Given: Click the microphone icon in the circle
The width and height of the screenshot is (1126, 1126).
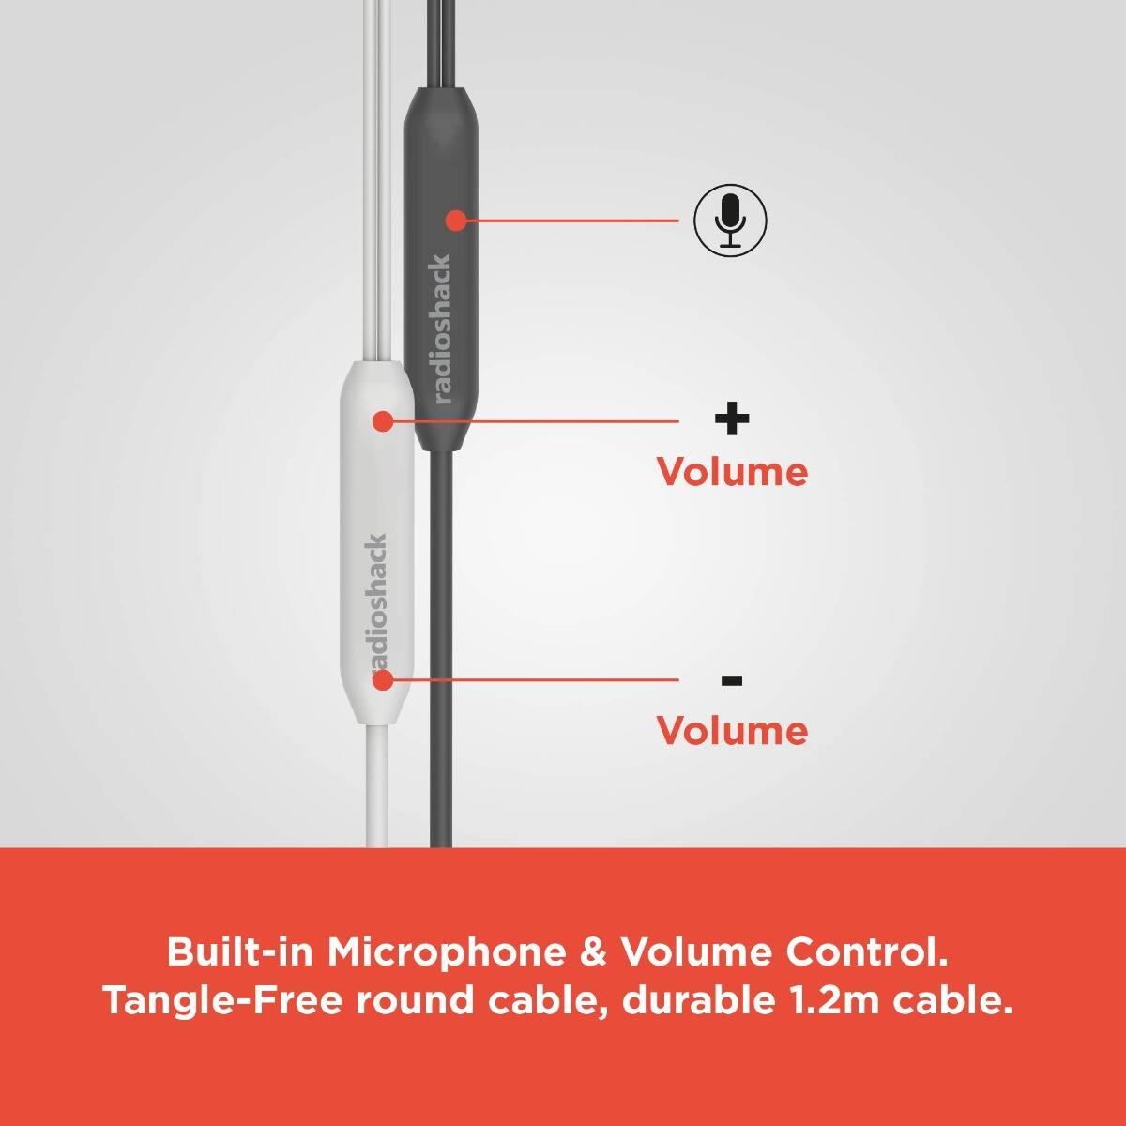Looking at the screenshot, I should coord(730,221).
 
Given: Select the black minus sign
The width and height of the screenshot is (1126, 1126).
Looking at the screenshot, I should coord(732,680).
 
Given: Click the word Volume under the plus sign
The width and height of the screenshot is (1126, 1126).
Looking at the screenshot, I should coord(732,471).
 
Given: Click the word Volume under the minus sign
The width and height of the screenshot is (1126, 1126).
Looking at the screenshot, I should coord(732,730).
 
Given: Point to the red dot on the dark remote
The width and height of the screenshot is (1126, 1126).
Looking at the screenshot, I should coord(456,221).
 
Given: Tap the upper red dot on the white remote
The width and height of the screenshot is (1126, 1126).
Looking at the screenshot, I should coord(382,421).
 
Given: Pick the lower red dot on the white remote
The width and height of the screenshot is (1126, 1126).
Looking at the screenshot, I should coord(382,679).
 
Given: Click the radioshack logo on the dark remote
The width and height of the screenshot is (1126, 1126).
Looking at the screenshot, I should coord(442,328).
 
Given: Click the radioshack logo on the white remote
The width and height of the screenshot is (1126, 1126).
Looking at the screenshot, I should coord(377,601).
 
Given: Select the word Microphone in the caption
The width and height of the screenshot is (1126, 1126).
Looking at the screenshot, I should coord(447,952).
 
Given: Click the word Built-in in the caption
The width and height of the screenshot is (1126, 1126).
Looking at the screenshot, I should coord(239,952).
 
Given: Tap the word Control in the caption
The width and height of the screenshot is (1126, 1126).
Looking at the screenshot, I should coord(866,952).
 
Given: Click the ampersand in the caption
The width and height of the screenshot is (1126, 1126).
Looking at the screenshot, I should coord(594,952).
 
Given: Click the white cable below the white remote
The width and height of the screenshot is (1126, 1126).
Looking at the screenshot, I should coord(376,788).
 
